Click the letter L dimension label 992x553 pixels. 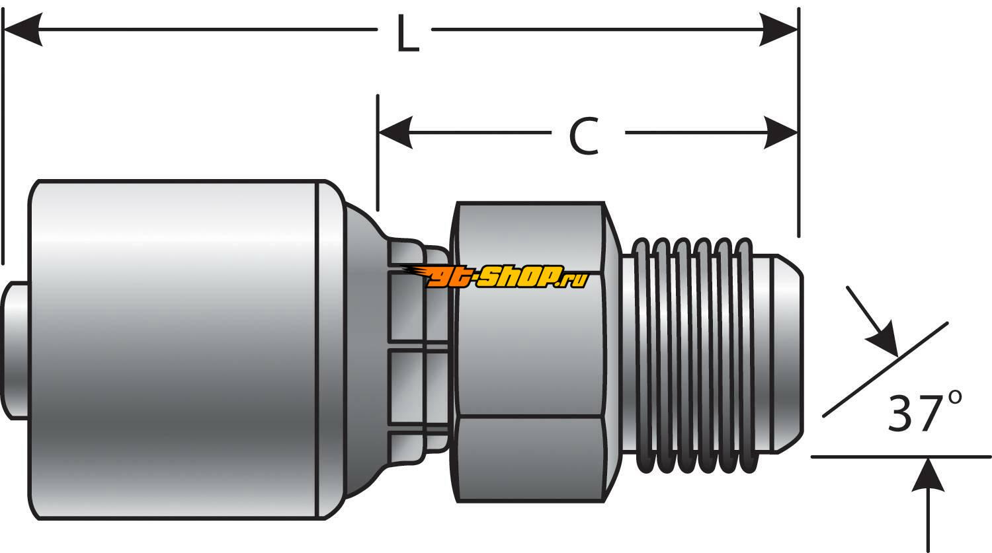[407, 34]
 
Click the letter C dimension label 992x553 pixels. [584, 136]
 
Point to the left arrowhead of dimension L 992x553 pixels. [24, 30]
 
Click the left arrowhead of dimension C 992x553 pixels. [395, 132]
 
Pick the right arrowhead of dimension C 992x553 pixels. [780, 132]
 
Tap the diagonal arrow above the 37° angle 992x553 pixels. [873, 317]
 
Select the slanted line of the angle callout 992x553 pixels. [886, 370]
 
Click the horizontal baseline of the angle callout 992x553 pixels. [860, 456]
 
